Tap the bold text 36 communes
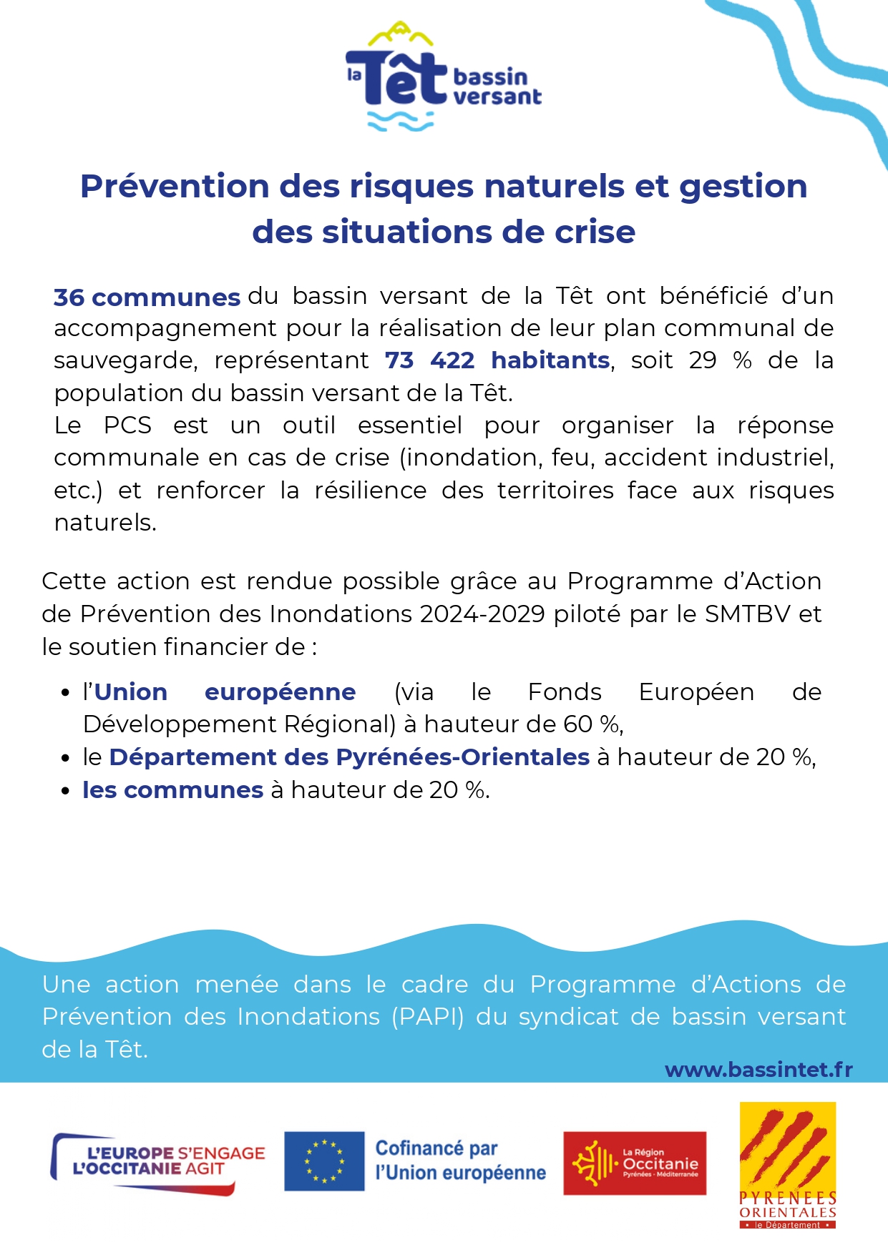tap(147, 297)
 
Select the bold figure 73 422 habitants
tap(497, 360)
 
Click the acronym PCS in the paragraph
tap(127, 425)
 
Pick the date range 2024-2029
tap(482, 614)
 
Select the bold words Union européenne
tap(225, 692)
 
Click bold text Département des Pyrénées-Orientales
tap(349, 757)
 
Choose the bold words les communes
tap(173, 790)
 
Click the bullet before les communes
tap(66, 792)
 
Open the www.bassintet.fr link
tap(758, 1070)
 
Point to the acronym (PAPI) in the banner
tap(427, 1017)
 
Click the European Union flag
tap(324, 1161)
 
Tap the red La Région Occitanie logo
tap(635, 1163)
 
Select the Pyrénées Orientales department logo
tap(787, 1166)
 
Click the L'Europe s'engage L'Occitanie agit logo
tap(157, 1163)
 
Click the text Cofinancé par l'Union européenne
tap(460, 1161)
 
